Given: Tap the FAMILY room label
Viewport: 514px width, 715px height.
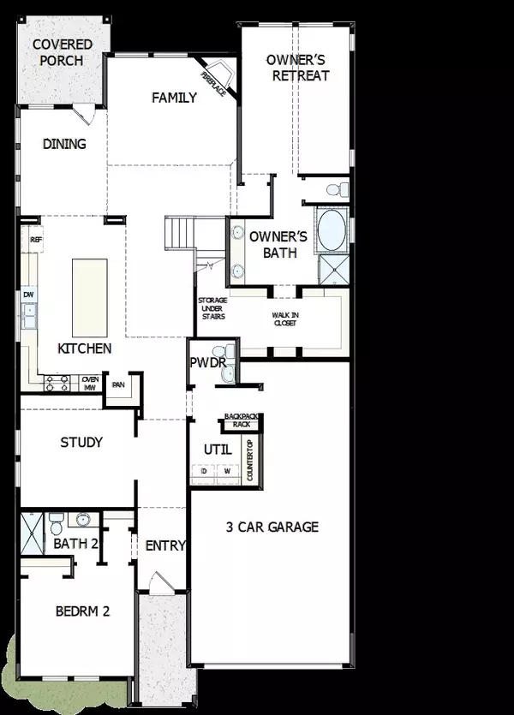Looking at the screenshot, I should click(175, 98).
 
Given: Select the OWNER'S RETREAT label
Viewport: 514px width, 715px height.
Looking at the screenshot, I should click(298, 68).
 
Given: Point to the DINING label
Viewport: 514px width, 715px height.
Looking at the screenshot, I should click(64, 144).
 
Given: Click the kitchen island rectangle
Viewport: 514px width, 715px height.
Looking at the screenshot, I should click(88, 296).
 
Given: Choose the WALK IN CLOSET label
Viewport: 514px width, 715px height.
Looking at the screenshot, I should click(287, 319).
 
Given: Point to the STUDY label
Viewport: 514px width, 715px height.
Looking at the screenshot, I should click(81, 443).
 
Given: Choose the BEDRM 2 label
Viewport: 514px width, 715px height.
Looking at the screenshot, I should click(82, 611).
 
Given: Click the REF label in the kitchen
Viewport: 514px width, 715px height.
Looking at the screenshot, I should click(36, 241).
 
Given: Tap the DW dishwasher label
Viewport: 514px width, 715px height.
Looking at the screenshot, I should click(27, 295).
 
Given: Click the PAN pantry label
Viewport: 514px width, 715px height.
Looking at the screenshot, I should click(118, 384).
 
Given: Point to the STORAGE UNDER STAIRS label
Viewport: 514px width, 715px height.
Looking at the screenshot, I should click(212, 309).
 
